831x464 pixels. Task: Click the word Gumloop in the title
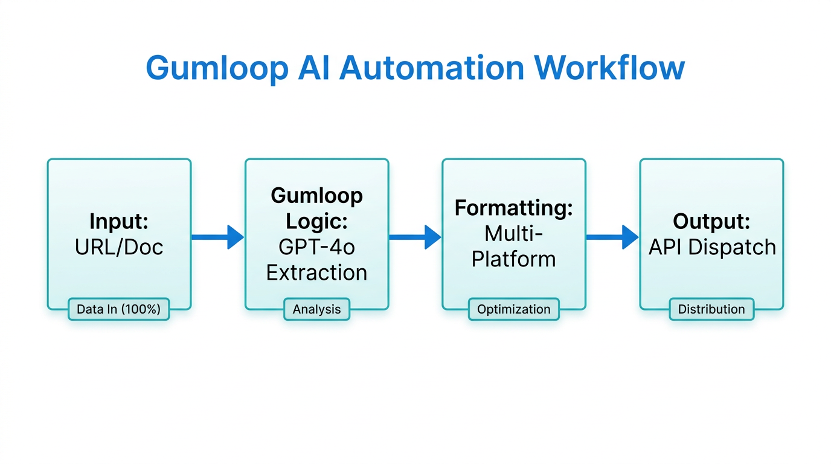pos(217,68)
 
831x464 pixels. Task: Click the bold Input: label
pos(119,222)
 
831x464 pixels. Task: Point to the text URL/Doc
pos(119,247)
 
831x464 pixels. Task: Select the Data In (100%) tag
pos(118,309)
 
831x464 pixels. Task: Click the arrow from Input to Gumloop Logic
pos(217,237)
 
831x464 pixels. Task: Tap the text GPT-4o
pos(316,247)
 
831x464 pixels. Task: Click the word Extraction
pos(316,272)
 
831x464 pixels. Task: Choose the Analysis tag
pos(316,309)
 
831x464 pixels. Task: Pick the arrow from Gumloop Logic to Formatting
pos(415,237)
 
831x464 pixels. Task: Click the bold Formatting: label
pos(513,208)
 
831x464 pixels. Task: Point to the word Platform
pos(513,259)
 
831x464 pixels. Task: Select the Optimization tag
pos(513,309)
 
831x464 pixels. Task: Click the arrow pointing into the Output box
pos(612,237)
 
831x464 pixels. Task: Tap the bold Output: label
pos(711,222)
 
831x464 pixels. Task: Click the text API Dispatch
pos(711,247)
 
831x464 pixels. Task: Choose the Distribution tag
pos(711,309)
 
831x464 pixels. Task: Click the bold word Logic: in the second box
pos(316,222)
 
